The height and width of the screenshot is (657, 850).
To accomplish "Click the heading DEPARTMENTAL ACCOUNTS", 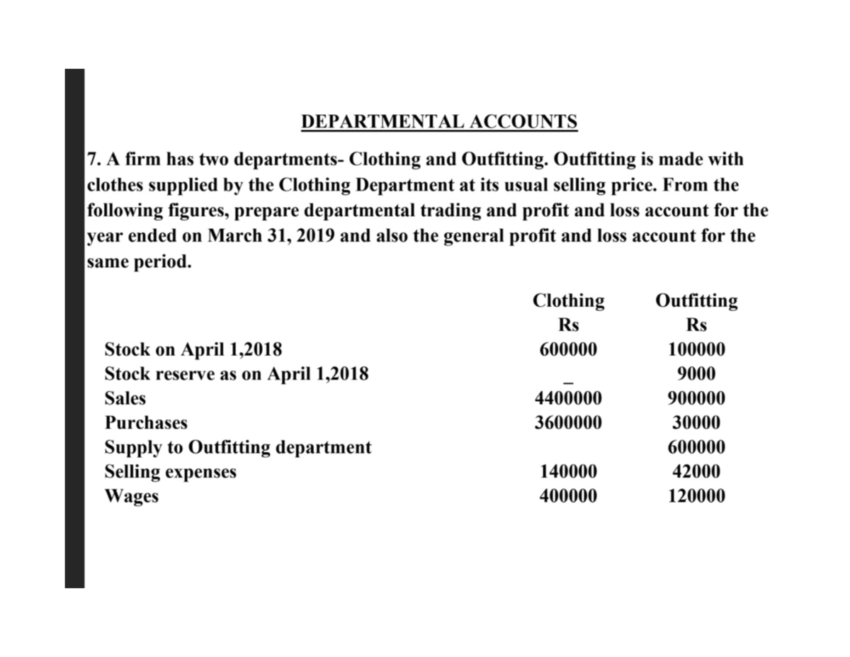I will (439, 122).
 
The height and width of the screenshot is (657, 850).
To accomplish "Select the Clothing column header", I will (568, 301).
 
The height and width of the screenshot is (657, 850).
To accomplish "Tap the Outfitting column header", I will (696, 301).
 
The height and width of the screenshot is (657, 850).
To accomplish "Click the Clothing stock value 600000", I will (568, 349).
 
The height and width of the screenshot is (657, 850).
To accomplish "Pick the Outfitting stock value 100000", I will (696, 349).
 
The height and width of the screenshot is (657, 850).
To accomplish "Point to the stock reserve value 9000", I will (696, 374).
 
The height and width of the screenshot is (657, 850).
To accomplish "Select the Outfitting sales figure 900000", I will (696, 398).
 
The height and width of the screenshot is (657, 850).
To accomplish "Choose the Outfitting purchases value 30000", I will (696, 423).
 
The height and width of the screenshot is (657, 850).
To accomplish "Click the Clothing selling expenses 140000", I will (568, 472).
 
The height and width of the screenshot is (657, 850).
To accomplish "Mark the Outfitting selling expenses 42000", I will (696, 472).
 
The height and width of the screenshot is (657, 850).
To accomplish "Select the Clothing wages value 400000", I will (568, 496).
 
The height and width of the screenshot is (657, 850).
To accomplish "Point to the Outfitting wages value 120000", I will (696, 496).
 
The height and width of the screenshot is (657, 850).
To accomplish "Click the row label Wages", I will (131, 496).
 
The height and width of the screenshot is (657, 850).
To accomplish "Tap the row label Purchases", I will (146, 423).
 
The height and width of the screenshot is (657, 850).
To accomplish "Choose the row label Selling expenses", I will (170, 472).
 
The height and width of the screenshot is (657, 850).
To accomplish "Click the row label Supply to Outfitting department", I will (237, 447).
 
